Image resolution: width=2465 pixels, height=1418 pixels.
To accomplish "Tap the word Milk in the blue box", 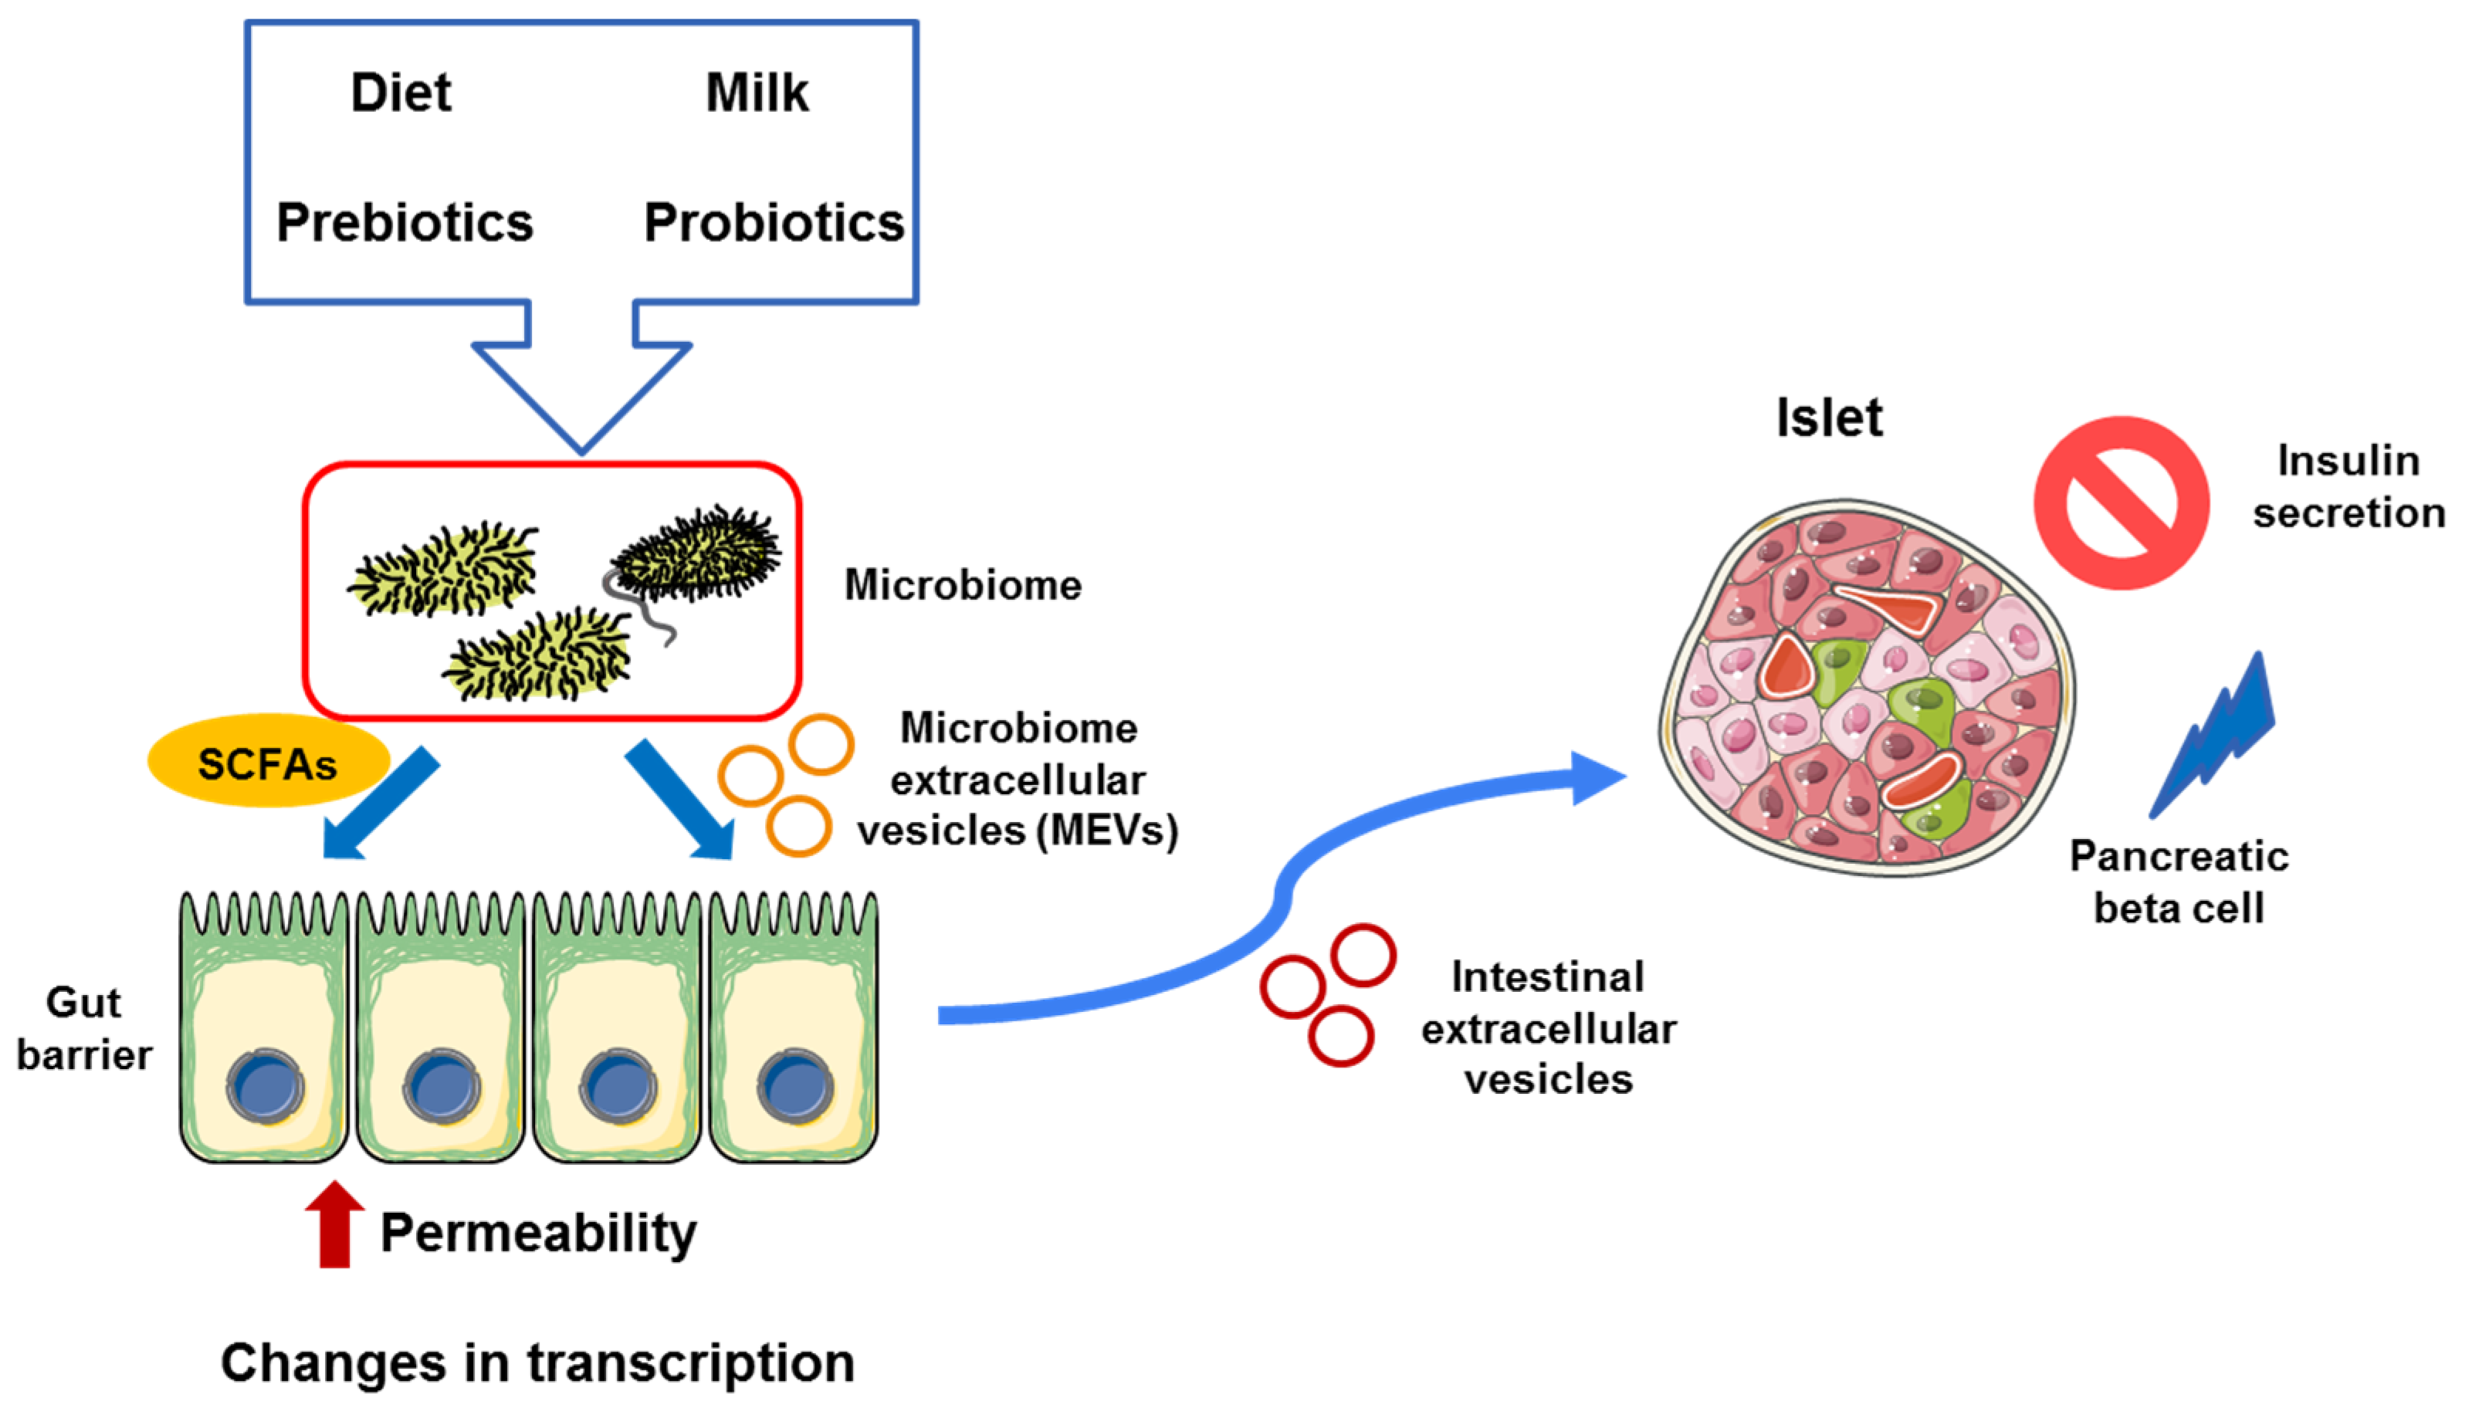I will point(757,93).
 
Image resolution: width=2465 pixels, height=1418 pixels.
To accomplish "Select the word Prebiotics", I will point(405,223).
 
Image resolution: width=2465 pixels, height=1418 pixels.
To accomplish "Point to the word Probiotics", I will point(774,223).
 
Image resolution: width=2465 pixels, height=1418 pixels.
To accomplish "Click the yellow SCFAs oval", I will point(268,763).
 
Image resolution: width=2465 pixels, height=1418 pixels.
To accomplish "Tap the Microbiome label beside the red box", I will point(962,585).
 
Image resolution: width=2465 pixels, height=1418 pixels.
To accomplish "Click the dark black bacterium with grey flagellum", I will point(696,553).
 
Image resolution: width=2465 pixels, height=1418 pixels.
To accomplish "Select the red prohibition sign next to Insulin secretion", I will point(2121,503).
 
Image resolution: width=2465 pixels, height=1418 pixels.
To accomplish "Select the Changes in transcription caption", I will point(537,1362).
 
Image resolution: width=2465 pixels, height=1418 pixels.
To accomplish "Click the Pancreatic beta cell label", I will point(2179,882).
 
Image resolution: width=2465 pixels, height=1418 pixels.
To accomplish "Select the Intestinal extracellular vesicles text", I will point(1549,1028).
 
